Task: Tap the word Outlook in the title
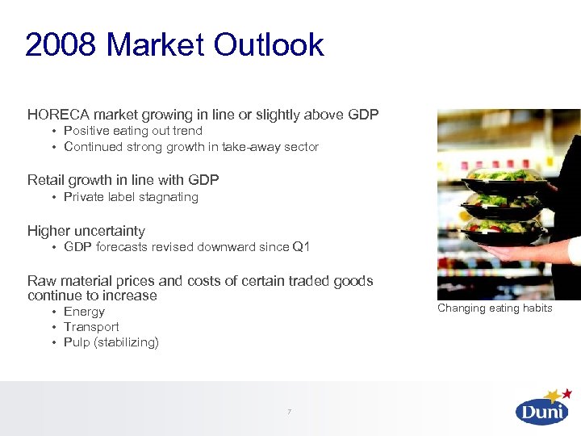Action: (x=269, y=45)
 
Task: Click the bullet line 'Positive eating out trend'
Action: (x=133, y=131)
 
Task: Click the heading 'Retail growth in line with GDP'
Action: (x=123, y=180)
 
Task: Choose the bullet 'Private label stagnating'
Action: (x=131, y=197)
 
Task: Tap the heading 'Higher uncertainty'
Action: (x=86, y=231)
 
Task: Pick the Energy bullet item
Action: (x=84, y=312)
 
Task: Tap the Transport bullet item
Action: (x=91, y=327)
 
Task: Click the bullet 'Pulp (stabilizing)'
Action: (x=111, y=342)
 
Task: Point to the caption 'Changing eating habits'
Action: (x=495, y=308)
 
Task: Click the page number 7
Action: (x=290, y=413)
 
